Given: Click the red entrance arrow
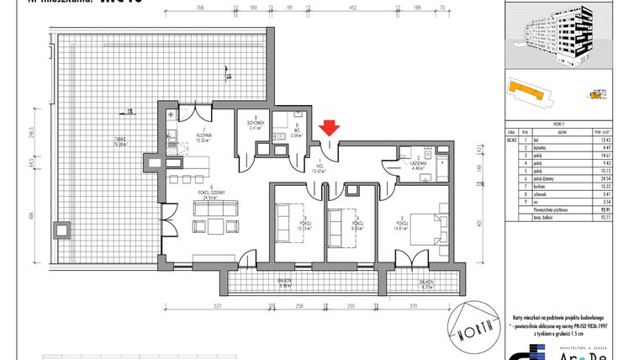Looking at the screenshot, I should [x=330, y=127].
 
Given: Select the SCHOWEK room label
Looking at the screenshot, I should [x=256, y=124].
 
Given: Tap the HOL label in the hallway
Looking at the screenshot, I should [x=319, y=166].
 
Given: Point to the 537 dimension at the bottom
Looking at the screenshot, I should [x=217, y=306].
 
